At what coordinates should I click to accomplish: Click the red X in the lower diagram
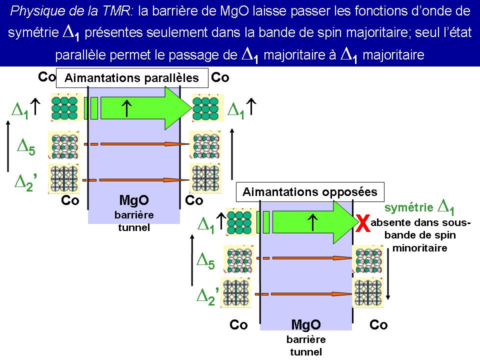[364, 224]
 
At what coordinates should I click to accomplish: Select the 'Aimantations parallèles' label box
[132, 78]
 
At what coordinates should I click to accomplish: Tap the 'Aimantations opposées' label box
[310, 192]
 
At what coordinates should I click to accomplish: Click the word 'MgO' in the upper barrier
[134, 200]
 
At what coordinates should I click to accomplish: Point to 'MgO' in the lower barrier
[305, 325]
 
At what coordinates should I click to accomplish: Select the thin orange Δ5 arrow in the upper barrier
[145, 144]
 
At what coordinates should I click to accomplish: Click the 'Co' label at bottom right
[378, 325]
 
